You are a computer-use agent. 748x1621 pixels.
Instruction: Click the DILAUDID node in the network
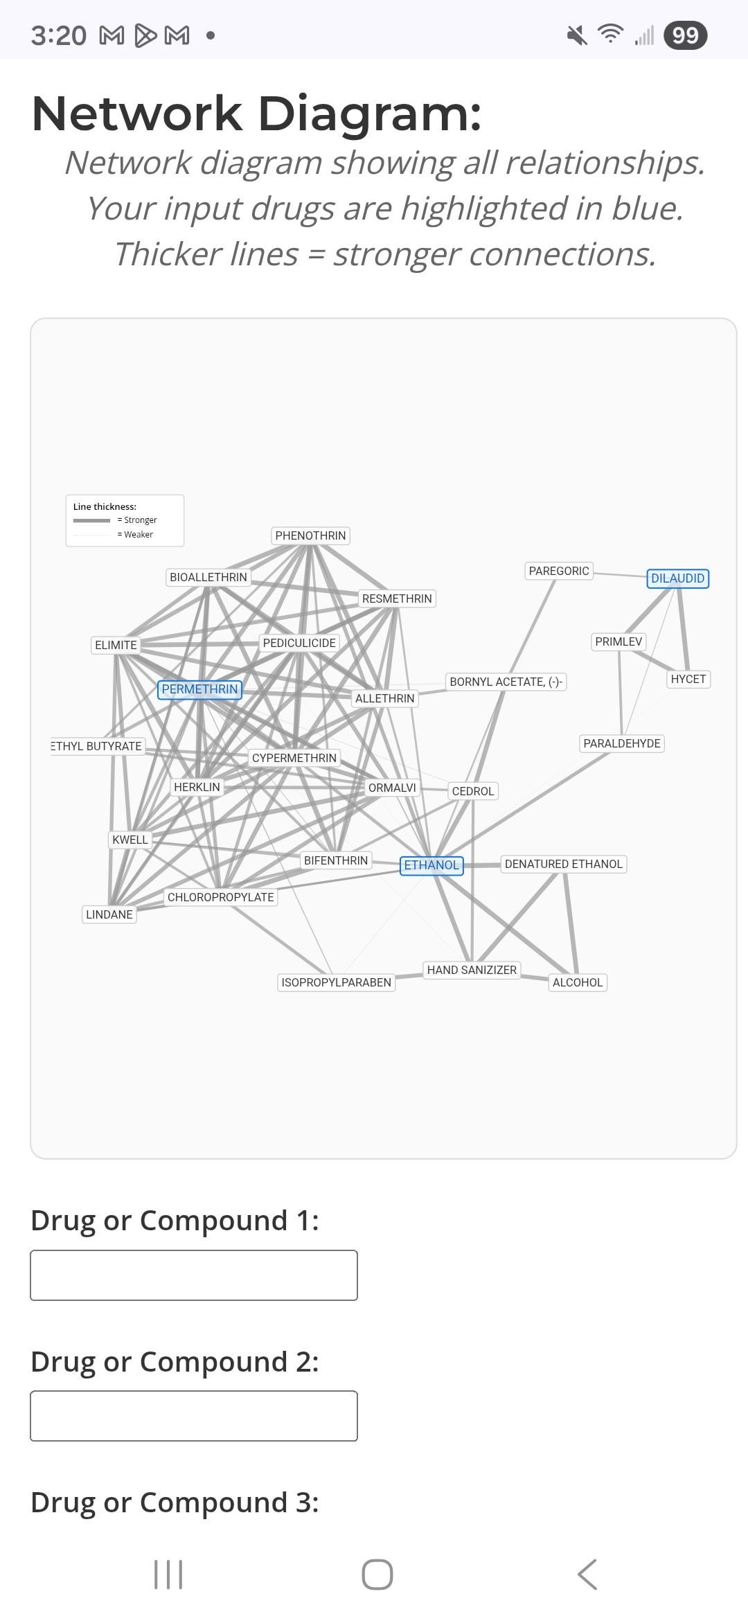tap(677, 578)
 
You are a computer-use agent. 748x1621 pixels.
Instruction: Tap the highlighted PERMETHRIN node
tap(199, 689)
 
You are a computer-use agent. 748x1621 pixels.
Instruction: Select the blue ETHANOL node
tap(431, 865)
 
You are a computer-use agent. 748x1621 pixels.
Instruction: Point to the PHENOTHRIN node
tap(310, 535)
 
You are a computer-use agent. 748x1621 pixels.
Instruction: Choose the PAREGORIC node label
tap(558, 571)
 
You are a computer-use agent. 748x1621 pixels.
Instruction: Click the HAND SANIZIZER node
tap(472, 970)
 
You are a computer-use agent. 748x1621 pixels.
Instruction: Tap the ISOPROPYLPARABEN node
tap(336, 982)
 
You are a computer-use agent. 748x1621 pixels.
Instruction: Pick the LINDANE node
tap(109, 914)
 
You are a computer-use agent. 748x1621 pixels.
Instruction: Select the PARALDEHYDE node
tap(621, 743)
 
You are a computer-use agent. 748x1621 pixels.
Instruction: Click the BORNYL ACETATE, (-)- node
tap(506, 682)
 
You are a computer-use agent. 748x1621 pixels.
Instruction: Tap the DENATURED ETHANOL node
tap(563, 864)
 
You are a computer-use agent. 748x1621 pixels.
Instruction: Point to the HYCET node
tap(688, 679)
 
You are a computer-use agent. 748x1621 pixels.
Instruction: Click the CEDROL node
tap(472, 791)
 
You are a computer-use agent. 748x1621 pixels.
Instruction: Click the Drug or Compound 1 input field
tap(194, 1275)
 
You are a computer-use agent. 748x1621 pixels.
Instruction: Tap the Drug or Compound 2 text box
tap(194, 1416)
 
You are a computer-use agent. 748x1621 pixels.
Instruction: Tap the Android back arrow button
tap(587, 1575)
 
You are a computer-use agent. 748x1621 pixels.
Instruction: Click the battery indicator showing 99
tap(685, 35)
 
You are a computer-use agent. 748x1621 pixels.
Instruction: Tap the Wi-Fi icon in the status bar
tap(610, 34)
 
